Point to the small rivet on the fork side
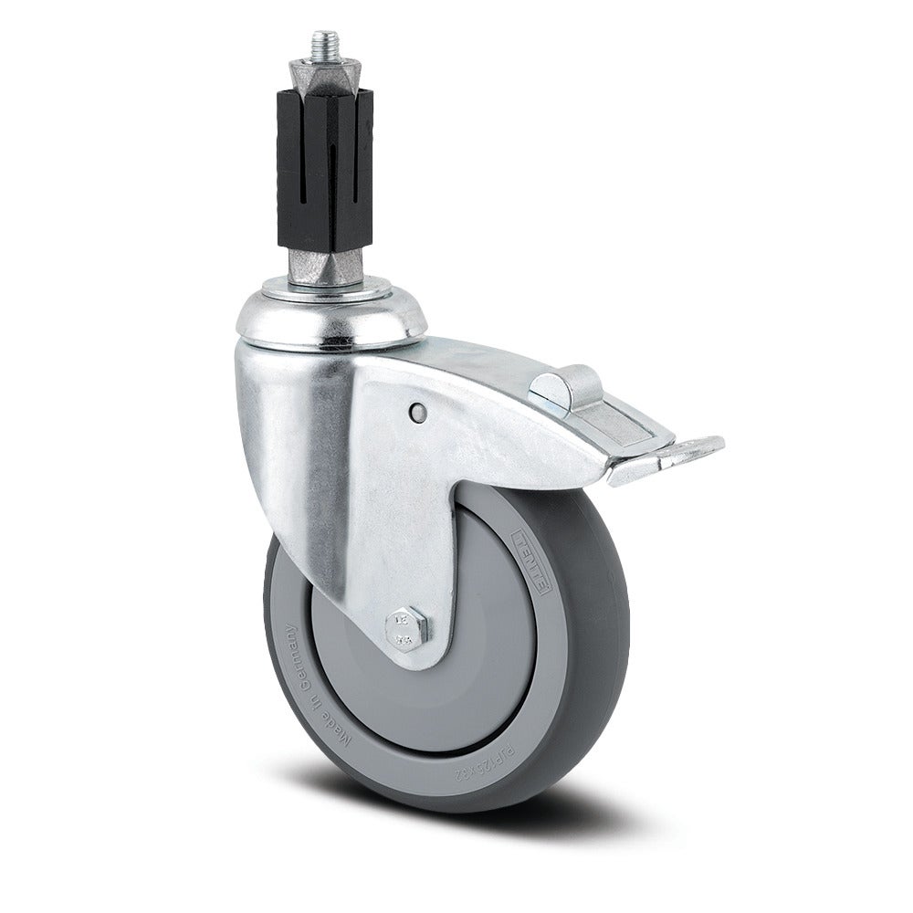(416, 413)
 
